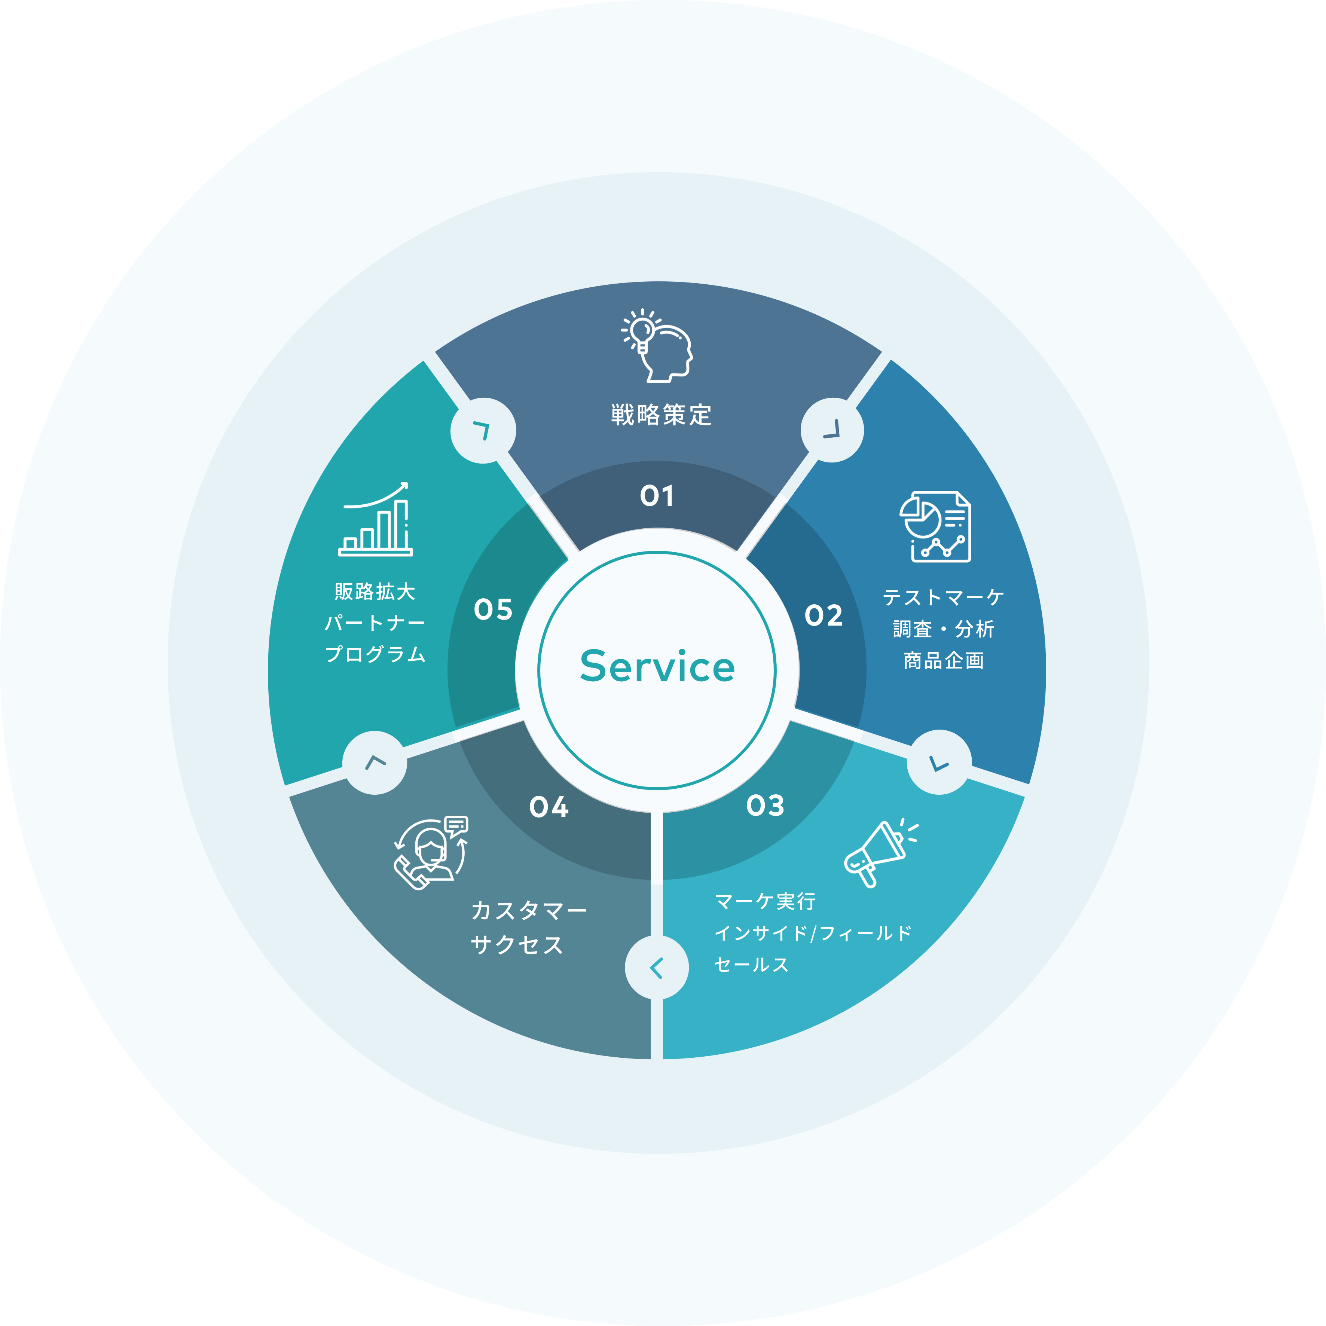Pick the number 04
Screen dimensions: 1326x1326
click(x=549, y=807)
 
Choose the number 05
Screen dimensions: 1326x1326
click(x=493, y=609)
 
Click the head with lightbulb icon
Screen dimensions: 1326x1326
click(x=657, y=346)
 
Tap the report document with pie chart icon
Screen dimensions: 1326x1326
click(x=935, y=526)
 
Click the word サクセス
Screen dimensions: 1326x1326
click(x=517, y=945)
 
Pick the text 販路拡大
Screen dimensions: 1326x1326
click(x=375, y=592)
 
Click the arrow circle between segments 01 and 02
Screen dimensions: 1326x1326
click(x=832, y=430)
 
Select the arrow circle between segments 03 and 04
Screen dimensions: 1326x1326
click(x=656, y=968)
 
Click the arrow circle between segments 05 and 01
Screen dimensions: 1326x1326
click(x=483, y=430)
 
